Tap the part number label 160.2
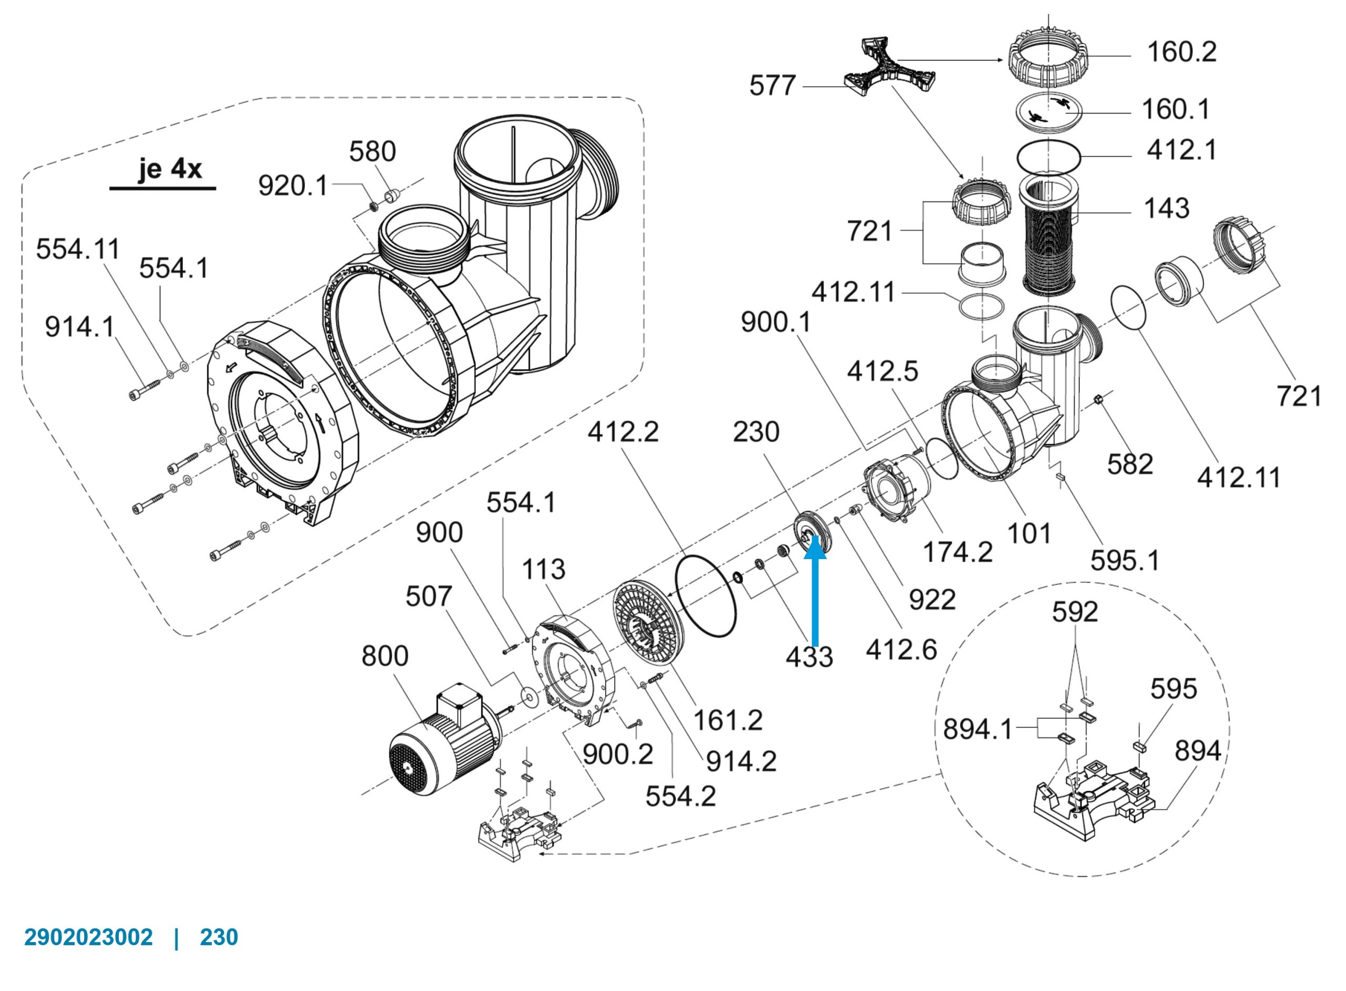1181,52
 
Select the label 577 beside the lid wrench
772,86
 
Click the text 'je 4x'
170,169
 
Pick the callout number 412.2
623,432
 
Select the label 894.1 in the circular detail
978,729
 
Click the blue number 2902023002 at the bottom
88,936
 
